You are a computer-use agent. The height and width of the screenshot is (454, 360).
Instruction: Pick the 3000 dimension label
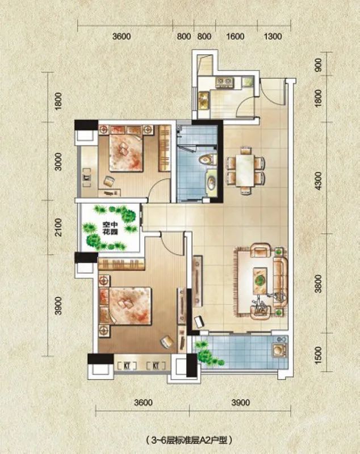(58, 166)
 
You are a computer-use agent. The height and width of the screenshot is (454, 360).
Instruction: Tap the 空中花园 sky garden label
(110, 228)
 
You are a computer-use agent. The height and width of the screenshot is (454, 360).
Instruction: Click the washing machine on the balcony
(279, 351)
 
